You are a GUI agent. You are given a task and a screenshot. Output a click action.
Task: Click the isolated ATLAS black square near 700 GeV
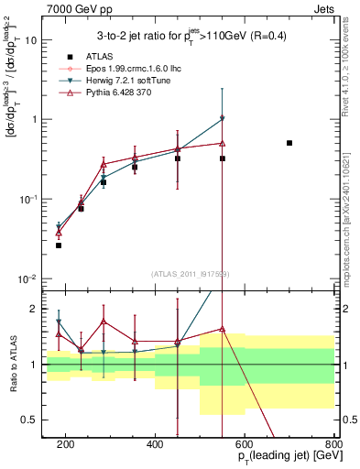pyautogui.click(x=289, y=143)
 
